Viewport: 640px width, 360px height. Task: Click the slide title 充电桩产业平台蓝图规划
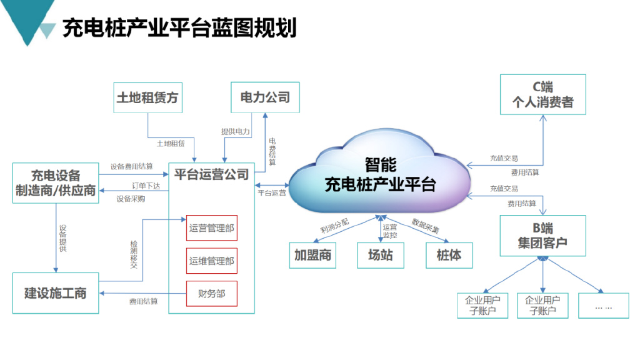(179, 28)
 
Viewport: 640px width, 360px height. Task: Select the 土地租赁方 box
(147, 97)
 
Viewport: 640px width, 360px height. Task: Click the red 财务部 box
(212, 294)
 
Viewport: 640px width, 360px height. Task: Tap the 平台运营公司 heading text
(211, 174)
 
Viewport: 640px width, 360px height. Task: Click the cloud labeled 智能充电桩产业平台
(380, 175)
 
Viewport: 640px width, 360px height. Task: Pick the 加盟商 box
(312, 255)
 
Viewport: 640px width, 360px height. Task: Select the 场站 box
(381, 255)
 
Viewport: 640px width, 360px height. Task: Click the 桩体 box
(449, 255)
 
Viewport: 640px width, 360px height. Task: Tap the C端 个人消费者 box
(543, 94)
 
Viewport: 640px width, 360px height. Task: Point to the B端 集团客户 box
(542, 236)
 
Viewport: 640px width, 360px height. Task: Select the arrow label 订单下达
(146, 186)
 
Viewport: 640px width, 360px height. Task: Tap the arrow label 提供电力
(236, 132)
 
